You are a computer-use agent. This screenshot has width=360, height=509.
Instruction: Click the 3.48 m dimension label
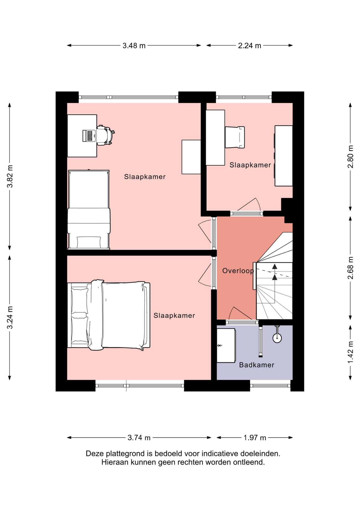pyautogui.click(x=134, y=46)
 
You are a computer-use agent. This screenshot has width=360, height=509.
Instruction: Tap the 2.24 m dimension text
pyautogui.click(x=249, y=46)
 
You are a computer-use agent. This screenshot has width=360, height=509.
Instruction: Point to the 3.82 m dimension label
pyautogui.click(x=10, y=176)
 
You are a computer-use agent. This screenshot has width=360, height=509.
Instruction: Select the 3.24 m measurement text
pyautogui.click(x=10, y=318)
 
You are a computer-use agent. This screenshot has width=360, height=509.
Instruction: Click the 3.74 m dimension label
pyautogui.click(x=139, y=438)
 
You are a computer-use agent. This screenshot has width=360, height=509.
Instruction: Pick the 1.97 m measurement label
pyautogui.click(x=255, y=438)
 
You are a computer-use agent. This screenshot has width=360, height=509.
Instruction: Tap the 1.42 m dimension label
pyautogui.click(x=350, y=352)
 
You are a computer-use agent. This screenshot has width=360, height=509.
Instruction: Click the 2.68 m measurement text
pyautogui.click(x=350, y=268)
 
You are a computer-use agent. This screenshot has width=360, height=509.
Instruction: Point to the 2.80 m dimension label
pyautogui.click(x=350, y=157)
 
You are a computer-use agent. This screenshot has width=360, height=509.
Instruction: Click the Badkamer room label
pyautogui.click(x=257, y=365)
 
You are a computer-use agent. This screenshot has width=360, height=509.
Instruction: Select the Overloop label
pyautogui.click(x=238, y=271)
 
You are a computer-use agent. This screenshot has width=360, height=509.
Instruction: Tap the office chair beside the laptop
pyautogui.click(x=106, y=135)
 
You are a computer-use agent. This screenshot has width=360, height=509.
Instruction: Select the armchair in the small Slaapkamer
pyautogui.click(x=235, y=137)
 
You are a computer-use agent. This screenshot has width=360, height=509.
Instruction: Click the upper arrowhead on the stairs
pyautogui.click(x=275, y=267)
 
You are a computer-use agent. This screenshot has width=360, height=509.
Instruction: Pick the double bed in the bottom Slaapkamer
pyautogui.click(x=109, y=315)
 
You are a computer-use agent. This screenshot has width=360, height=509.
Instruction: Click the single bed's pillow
pyautogui.click(x=89, y=242)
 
